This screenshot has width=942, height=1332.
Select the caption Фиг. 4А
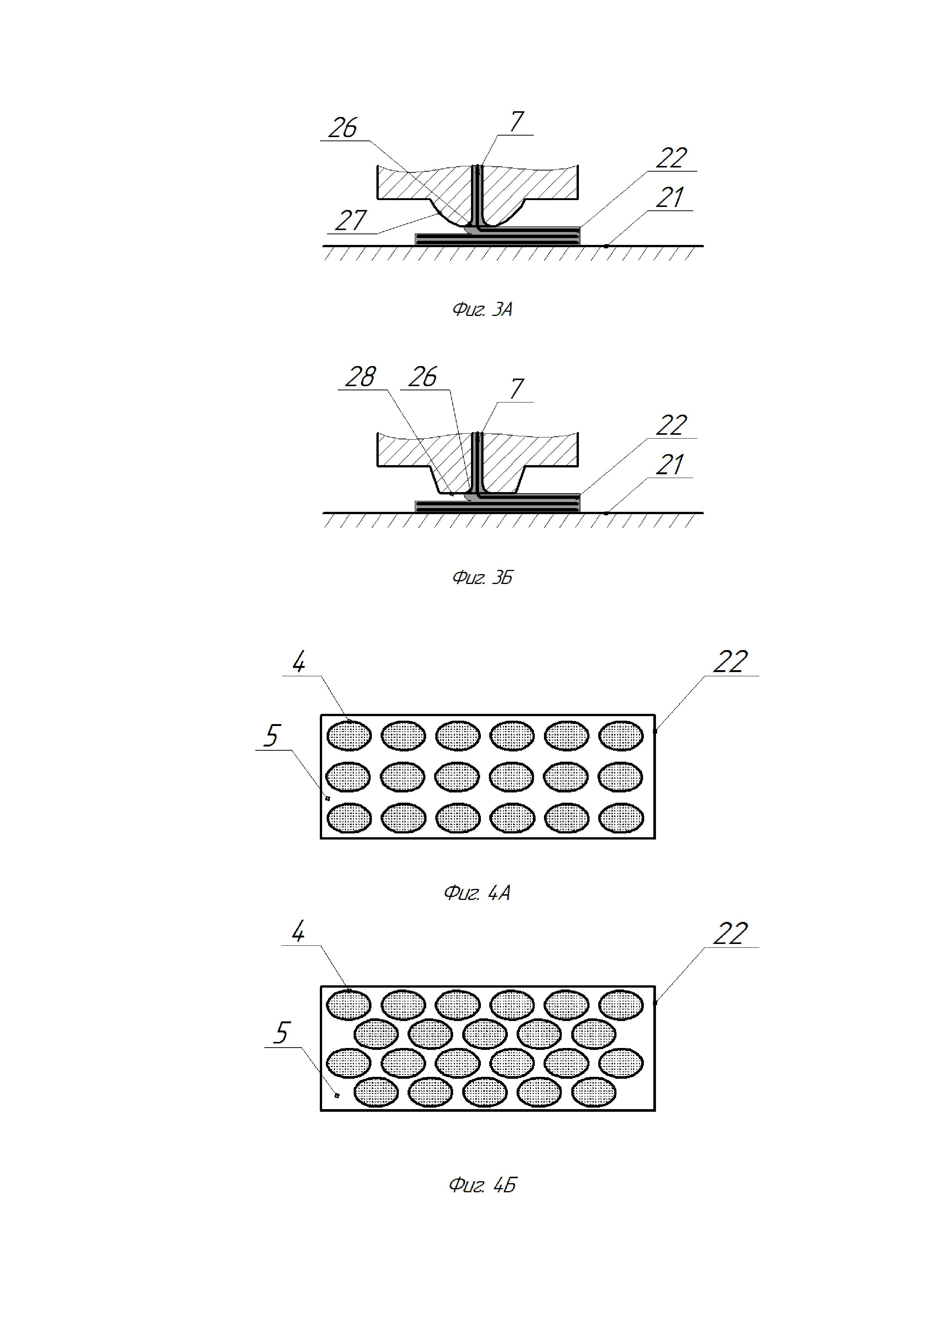[477, 892]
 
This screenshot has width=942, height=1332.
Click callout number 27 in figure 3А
[351, 221]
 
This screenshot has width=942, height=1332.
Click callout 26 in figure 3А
[343, 128]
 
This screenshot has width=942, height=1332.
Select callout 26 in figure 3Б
[422, 377]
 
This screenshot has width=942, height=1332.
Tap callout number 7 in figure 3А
[516, 122]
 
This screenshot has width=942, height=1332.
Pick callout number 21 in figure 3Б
[670, 465]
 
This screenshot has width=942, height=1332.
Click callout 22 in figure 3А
[672, 158]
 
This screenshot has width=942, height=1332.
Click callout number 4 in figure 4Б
[298, 932]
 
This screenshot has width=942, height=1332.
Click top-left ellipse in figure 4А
[349, 735]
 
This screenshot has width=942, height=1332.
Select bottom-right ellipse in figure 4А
[621, 818]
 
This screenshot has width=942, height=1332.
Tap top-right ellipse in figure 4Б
[621, 1005]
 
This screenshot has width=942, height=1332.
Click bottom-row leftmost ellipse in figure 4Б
[376, 1092]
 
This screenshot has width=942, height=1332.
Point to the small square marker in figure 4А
[328, 798]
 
